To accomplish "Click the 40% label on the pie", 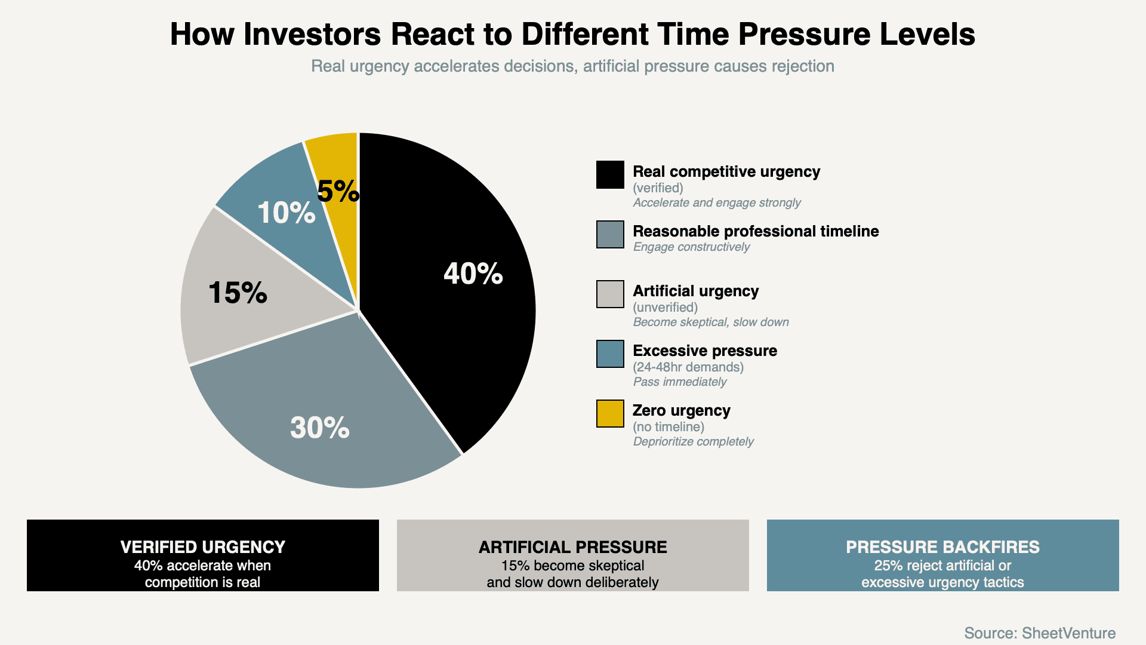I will tap(473, 274).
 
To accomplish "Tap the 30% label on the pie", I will tap(319, 428).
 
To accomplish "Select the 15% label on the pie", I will tap(238, 293).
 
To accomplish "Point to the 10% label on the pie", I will tap(286, 213).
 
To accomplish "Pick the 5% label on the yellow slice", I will tap(338, 191).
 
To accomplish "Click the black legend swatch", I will tap(610, 174).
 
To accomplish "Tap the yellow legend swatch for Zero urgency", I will tap(610, 413).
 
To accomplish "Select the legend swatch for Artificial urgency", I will tap(610, 294).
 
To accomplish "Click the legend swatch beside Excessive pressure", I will tap(610, 354).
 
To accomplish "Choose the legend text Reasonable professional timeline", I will tap(756, 231).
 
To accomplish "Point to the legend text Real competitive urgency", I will tap(726, 171).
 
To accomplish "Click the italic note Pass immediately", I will tap(680, 382).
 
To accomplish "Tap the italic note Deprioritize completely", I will tap(693, 441).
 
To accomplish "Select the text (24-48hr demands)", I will tap(688, 367).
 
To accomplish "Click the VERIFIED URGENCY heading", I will tap(203, 546).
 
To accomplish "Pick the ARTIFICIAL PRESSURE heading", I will tap(573, 546).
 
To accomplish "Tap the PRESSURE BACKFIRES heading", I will tap(942, 546).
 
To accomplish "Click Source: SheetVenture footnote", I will tap(1040, 632).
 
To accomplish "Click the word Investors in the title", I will tap(312, 34).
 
